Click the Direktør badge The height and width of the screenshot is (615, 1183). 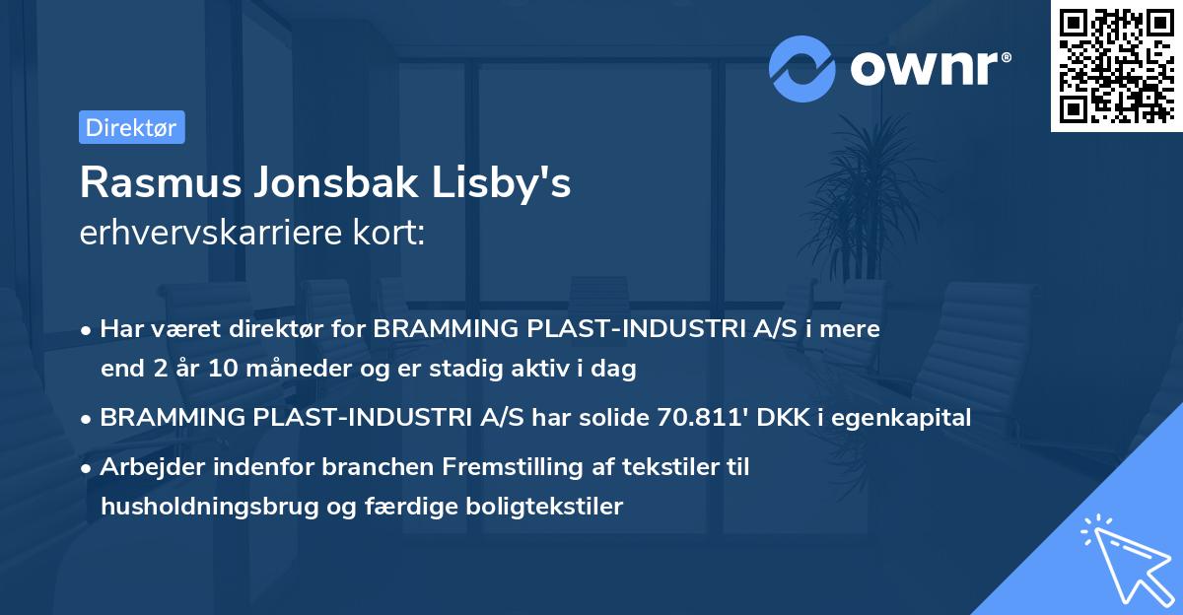tap(132, 127)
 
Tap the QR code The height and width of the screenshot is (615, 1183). tap(1117, 65)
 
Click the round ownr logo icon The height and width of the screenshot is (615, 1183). tap(803, 68)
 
